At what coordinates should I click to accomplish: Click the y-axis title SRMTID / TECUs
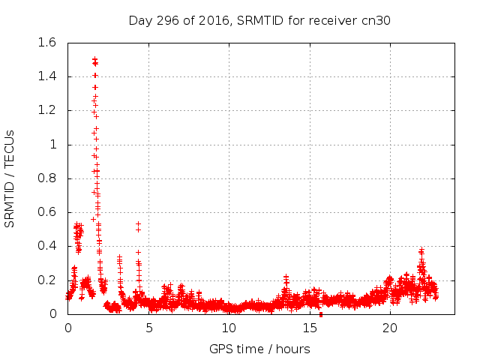[x=10, y=178]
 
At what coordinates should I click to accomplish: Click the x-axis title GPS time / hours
[x=259, y=349]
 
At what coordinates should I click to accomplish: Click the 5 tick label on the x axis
[x=148, y=328]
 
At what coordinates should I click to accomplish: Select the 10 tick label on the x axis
[x=229, y=328]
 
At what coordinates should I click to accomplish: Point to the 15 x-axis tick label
[x=310, y=328]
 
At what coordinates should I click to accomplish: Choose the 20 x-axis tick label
[x=390, y=328]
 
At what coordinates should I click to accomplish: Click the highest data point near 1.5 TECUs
[x=94, y=59]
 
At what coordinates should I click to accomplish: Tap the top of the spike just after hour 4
[x=138, y=224]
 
